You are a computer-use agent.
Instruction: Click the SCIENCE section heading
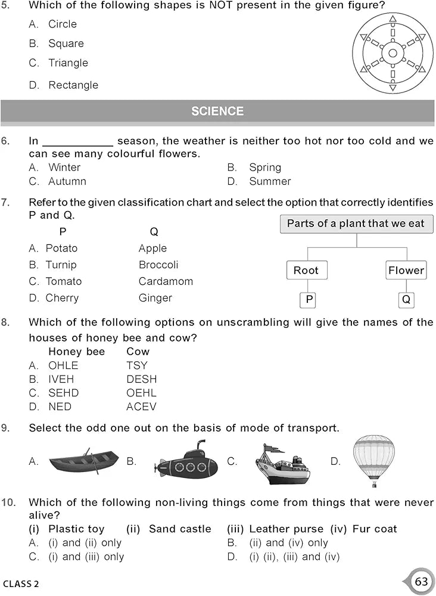[217, 111]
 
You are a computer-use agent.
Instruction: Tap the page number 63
[422, 581]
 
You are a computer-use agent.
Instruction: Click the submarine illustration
[185, 462]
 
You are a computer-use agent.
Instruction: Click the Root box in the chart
[306, 270]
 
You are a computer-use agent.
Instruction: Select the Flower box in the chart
[406, 270]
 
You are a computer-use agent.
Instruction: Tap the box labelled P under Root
[309, 299]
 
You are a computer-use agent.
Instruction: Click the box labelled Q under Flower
[406, 299]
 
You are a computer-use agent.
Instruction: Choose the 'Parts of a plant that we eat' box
[356, 223]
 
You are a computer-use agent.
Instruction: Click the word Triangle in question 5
[68, 63]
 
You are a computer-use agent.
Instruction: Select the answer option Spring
[265, 167]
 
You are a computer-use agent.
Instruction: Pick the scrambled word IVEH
[60, 379]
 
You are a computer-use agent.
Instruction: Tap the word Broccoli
[158, 265]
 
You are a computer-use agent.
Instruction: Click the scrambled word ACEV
[141, 406]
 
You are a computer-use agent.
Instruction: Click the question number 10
[8, 502]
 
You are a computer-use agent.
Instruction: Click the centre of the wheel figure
[393, 54]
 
